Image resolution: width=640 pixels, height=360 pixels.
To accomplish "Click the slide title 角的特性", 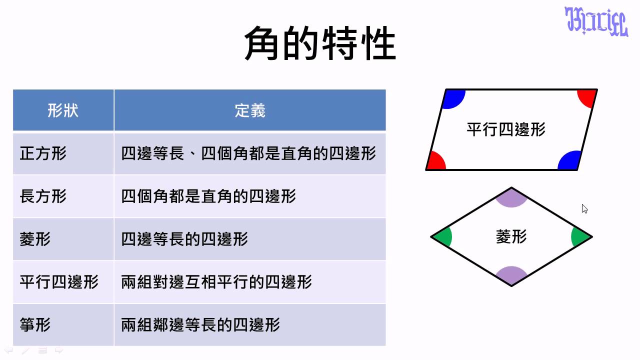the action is coord(320,43).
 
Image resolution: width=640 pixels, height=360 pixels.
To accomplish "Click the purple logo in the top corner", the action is coord(596,21).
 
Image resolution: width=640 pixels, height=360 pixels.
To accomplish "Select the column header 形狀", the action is coord(63,110).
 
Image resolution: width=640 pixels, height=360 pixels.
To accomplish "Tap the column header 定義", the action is coord(250,110).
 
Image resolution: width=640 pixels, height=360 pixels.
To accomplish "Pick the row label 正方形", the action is coord(43,153).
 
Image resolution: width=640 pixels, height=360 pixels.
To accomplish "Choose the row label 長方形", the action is coord(43,196).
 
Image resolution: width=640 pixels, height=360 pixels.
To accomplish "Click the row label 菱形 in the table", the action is coord(35,239).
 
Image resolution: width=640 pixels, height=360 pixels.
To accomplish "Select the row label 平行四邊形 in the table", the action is coord(59,282).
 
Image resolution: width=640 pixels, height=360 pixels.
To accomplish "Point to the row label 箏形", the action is coord(35,325).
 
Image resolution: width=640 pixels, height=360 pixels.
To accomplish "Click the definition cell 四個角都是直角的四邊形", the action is coord(208,196).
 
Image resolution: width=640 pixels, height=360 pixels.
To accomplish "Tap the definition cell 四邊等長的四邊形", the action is coord(184,239).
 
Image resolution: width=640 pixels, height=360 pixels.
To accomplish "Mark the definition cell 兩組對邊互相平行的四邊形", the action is coord(216,282).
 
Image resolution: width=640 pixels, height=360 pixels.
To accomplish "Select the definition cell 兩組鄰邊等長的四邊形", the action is coord(200,325).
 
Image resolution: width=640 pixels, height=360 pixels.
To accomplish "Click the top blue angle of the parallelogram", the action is coord(454,98).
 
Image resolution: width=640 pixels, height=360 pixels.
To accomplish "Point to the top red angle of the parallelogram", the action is coord(587,97).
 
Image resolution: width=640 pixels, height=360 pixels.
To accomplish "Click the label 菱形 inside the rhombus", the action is coord(511,237).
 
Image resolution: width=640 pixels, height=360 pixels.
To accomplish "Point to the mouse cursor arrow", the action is coord(584,209).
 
